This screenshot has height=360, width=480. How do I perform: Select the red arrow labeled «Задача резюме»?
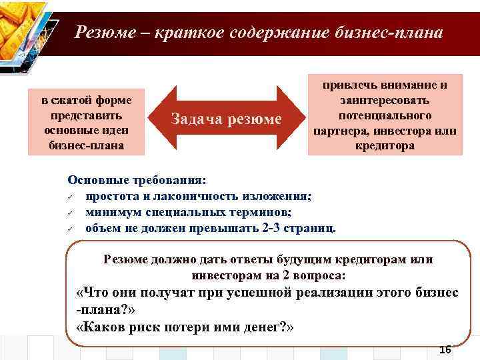tap(227, 118)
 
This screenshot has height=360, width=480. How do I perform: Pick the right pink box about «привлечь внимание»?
tap(385, 115)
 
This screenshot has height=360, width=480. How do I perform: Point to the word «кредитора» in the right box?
tap(385, 145)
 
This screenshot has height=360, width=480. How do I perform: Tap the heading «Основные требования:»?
tap(137, 181)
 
